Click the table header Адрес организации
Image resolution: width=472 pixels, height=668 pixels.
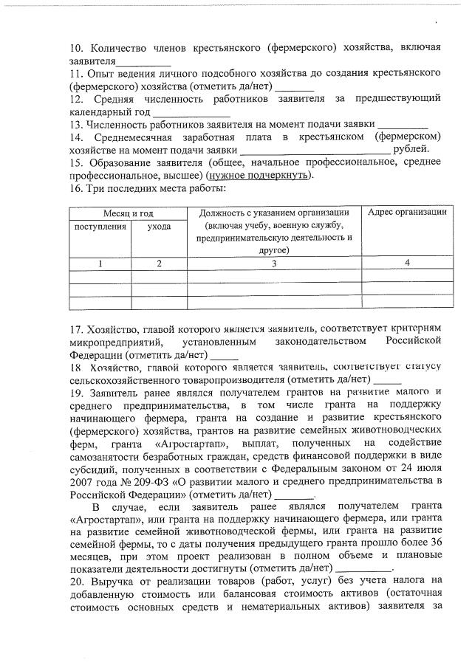coord(407,213)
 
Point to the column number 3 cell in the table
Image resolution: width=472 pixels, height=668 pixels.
coord(274,264)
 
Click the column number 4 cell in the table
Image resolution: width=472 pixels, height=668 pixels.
coord(407,264)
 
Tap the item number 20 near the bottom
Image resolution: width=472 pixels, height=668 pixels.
coord(75,582)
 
